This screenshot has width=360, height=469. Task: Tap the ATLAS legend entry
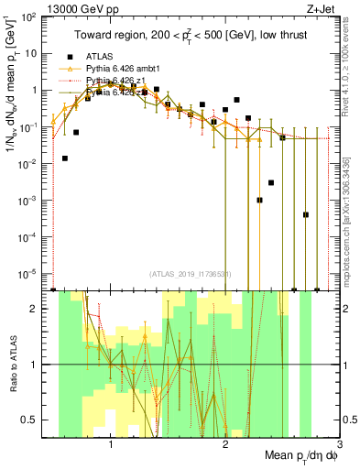[101, 57]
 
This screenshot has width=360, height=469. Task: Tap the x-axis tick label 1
[111, 442]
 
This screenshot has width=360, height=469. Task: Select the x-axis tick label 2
[225, 442]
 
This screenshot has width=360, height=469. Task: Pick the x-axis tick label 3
[338, 442]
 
